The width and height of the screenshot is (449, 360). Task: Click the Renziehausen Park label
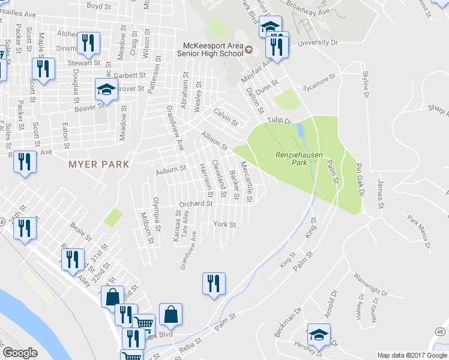tap(299, 158)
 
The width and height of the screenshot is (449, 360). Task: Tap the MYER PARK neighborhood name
tap(98, 164)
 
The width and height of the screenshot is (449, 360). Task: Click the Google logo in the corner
tap(20, 353)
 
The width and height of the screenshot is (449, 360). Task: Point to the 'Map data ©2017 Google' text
tap(412, 355)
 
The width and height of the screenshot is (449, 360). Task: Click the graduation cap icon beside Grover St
tap(106, 91)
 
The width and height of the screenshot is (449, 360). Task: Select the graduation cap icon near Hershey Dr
tap(319, 335)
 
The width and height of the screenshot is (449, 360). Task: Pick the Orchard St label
tap(196, 204)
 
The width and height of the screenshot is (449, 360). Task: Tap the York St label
tap(224, 224)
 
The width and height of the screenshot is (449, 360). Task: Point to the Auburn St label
tap(171, 170)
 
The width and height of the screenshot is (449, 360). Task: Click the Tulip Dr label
tap(279, 121)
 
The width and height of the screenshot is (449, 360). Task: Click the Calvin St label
tap(226, 116)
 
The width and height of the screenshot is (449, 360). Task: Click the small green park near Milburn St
tap(112, 217)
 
